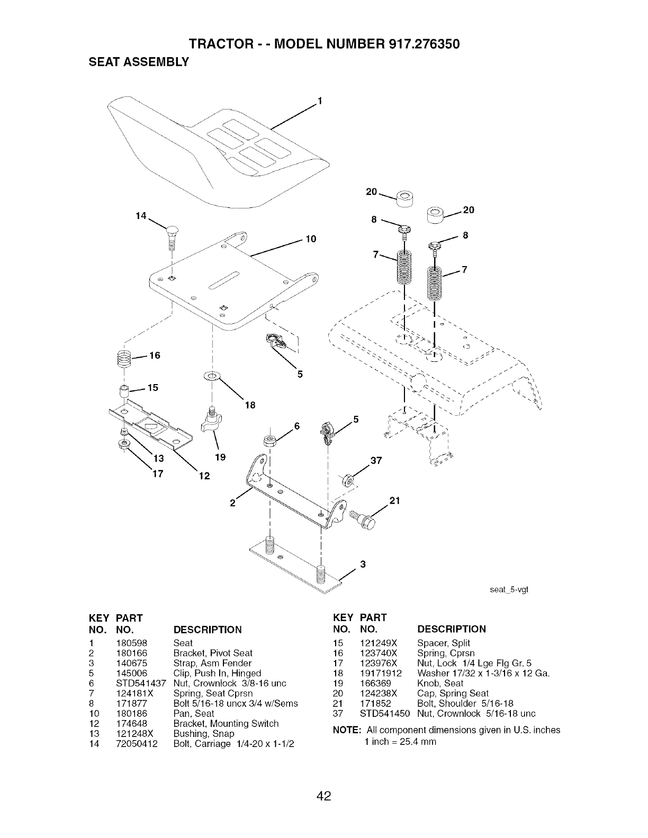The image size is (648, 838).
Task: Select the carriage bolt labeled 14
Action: pyautogui.click(x=172, y=233)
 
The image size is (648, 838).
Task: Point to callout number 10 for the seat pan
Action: pyautogui.click(x=311, y=239)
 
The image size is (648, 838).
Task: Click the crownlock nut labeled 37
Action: pyautogui.click(x=348, y=481)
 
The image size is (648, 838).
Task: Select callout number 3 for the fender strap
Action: pyautogui.click(x=363, y=564)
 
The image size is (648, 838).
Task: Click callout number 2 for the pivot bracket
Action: pyautogui.click(x=232, y=503)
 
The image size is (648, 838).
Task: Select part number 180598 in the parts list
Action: pyautogui.click(x=131, y=643)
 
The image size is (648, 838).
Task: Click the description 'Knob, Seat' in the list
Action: pyautogui.click(x=440, y=684)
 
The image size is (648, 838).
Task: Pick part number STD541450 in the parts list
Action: pyautogui.click(x=385, y=714)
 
